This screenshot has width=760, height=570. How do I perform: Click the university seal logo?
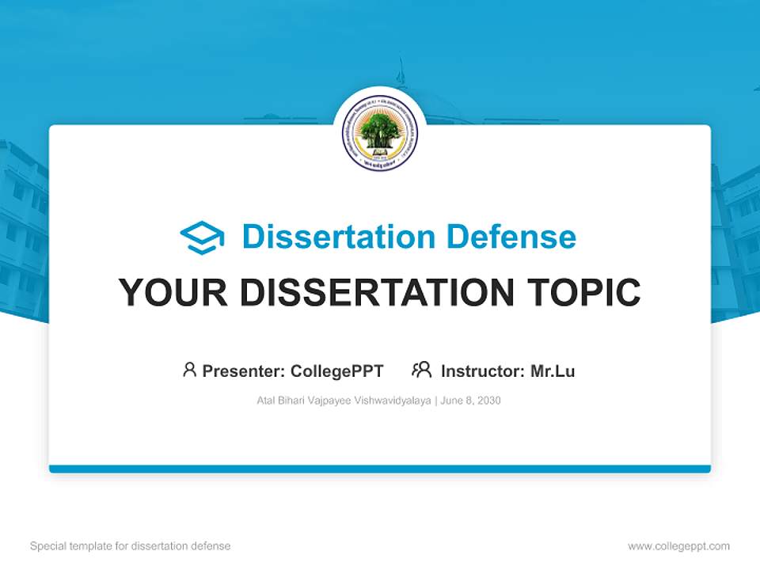tap(380, 133)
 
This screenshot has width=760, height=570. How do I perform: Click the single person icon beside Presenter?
tap(189, 370)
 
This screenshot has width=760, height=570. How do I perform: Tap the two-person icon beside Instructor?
tap(421, 370)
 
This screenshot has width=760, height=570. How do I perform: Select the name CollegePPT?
tap(337, 370)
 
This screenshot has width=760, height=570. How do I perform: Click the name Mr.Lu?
tap(553, 370)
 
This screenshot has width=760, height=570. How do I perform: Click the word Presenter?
tap(244, 370)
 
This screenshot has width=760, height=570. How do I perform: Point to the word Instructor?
tap(483, 370)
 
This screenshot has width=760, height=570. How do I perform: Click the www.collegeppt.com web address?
tap(678, 546)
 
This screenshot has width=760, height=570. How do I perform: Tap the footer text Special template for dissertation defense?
tap(131, 546)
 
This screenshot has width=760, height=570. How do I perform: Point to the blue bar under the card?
tap(380, 469)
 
